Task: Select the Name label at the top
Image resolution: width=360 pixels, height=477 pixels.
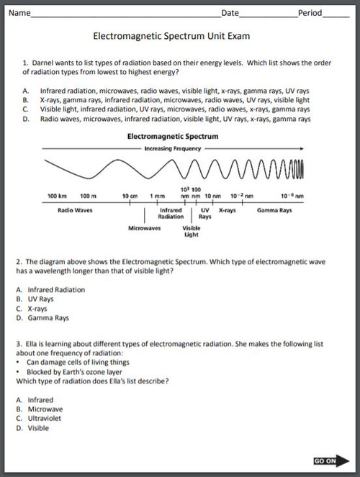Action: click(x=19, y=13)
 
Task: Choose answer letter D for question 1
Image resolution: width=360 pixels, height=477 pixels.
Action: click(x=25, y=119)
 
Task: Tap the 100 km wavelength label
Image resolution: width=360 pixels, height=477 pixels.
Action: click(x=57, y=196)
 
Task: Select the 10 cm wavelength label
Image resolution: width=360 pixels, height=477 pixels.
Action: click(x=130, y=196)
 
